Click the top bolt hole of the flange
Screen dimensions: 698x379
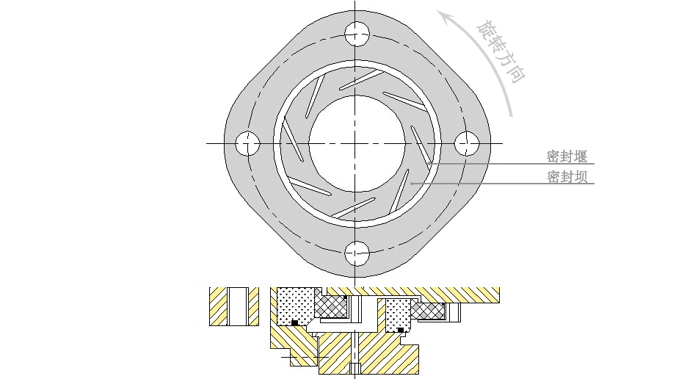click(357, 34)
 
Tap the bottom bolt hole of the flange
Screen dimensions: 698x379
click(357, 253)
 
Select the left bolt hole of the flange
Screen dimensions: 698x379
click(247, 143)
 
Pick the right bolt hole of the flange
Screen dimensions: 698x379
click(467, 143)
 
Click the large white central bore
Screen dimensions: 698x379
click(357, 143)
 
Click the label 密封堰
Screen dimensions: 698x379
click(567, 156)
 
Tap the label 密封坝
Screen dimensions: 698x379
click(567, 177)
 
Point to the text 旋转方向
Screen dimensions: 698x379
click(501, 51)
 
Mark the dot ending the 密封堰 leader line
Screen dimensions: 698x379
click(428, 164)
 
